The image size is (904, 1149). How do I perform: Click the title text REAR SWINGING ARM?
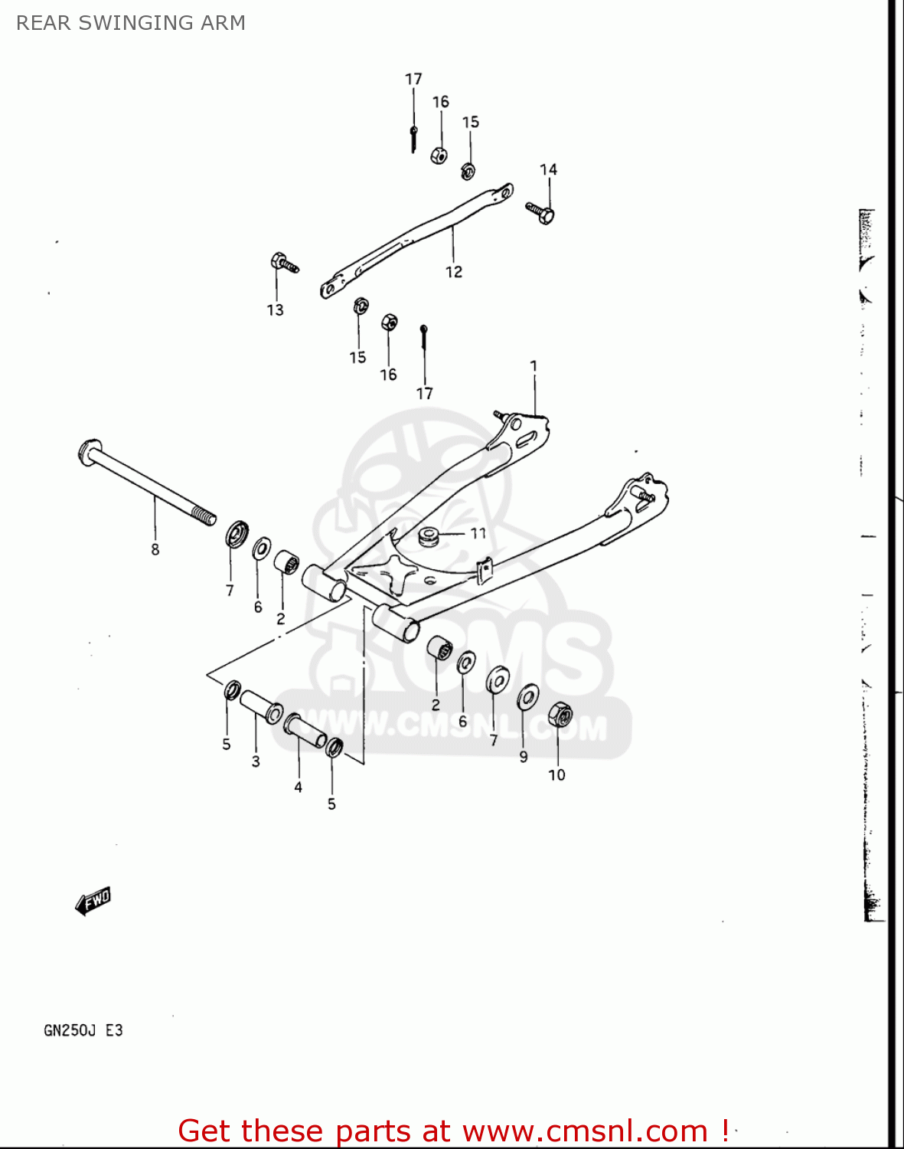131,23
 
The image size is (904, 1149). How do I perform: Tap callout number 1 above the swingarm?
534,366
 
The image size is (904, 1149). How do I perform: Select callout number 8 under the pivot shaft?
155,549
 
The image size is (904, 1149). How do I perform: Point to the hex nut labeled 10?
560,715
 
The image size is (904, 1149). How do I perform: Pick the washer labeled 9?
527,697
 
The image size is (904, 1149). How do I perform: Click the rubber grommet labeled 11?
429,535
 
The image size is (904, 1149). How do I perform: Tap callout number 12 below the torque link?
453,272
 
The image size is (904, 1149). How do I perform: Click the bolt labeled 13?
283,264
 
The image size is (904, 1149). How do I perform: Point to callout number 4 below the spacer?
298,787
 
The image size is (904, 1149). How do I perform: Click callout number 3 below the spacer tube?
256,761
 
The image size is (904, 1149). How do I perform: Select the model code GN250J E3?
83,1030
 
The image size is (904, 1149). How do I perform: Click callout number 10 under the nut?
556,775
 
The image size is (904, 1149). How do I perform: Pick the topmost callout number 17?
413,79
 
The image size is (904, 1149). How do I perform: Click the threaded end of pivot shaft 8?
204,516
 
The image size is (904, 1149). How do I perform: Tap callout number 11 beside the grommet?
478,533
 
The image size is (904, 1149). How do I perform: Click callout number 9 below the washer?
524,757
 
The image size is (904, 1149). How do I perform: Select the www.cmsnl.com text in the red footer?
585,1131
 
